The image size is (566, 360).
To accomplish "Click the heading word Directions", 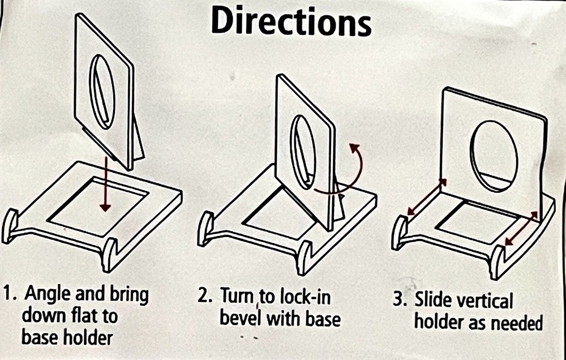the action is [x=291, y=20].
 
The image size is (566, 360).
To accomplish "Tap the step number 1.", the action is [x=8, y=294].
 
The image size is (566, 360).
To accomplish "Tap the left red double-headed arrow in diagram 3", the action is [x=427, y=197].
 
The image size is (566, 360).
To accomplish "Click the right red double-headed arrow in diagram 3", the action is [x=521, y=229].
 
